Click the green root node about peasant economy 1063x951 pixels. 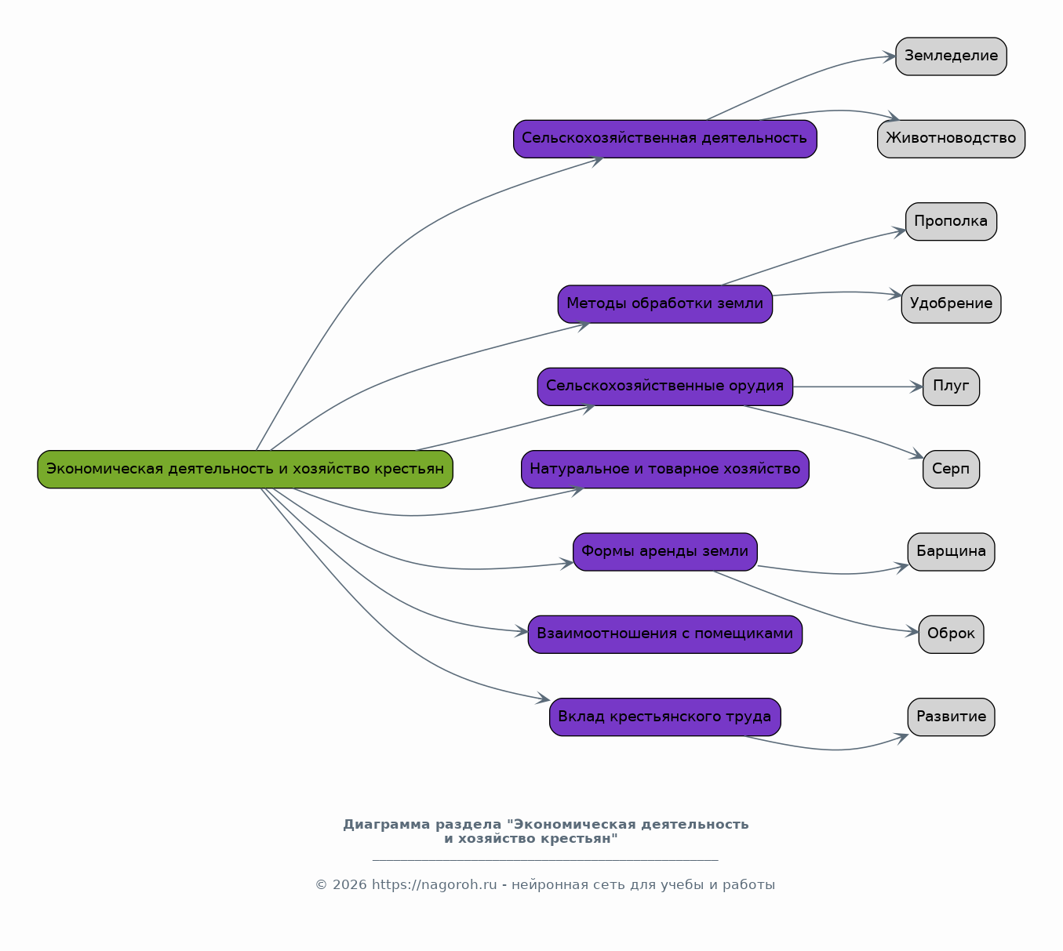click(245, 469)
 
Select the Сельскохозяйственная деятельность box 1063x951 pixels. click(664, 139)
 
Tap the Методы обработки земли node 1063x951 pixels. click(664, 304)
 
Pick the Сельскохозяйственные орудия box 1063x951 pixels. click(664, 387)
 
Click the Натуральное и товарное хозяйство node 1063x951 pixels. click(664, 469)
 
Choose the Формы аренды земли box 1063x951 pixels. click(664, 552)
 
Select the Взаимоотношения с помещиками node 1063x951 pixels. click(664, 634)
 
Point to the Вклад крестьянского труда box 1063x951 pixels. click(664, 717)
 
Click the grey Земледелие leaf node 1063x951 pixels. click(951, 56)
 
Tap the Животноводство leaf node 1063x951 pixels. click(951, 139)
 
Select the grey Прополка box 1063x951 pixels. click(951, 222)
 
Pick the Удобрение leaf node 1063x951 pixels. click(951, 304)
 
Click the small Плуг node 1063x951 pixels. click(951, 387)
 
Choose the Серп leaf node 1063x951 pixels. click(951, 469)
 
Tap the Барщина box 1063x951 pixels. click(951, 552)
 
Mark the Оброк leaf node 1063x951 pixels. click(951, 634)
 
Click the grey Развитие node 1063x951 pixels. click(951, 717)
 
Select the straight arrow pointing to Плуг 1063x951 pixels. click(857, 387)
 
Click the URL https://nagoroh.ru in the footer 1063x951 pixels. click(434, 885)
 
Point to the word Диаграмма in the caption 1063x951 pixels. click(387, 825)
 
